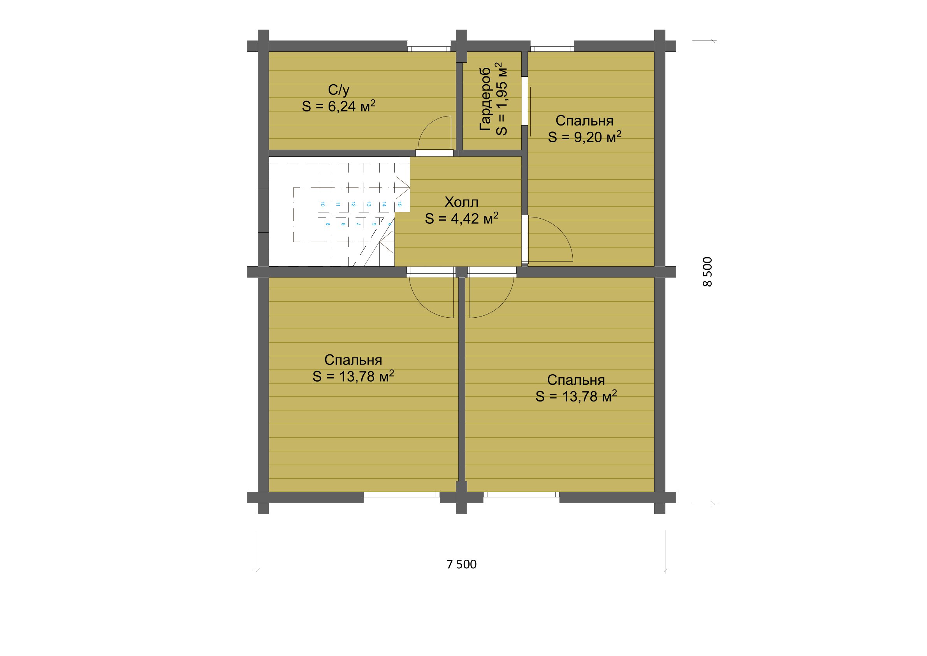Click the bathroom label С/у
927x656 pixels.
[338, 90]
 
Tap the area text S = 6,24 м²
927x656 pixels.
[338, 106]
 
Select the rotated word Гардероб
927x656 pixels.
[485, 99]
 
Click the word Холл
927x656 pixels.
[461, 202]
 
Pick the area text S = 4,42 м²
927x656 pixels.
[461, 218]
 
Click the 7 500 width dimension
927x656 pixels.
[461, 564]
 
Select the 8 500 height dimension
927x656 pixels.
[707, 272]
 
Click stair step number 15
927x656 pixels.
[399, 204]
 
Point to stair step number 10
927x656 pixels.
[322, 204]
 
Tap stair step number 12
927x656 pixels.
[353, 204]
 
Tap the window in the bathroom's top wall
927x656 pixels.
[429, 49]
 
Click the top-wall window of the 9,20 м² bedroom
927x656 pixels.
[552, 49]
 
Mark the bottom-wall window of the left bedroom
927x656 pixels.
[402, 494]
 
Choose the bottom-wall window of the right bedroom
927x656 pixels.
[521, 494]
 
